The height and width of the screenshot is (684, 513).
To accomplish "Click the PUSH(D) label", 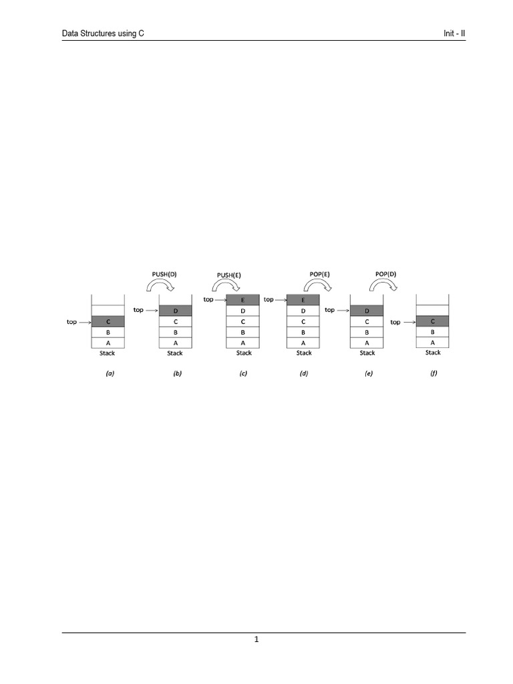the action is pos(164,275).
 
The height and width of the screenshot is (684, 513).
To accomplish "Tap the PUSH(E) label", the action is pos(229,275).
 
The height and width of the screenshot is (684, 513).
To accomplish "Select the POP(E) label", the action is pos(320,275).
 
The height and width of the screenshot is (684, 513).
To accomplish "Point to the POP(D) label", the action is pos(385,275).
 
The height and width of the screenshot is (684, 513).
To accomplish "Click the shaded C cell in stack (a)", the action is pos(108,321).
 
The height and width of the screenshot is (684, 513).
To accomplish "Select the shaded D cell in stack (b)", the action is pos(176,311).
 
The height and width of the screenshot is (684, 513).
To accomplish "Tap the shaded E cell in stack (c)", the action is pos(242,300).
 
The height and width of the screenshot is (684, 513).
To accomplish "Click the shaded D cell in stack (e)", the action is pos(367,311).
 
